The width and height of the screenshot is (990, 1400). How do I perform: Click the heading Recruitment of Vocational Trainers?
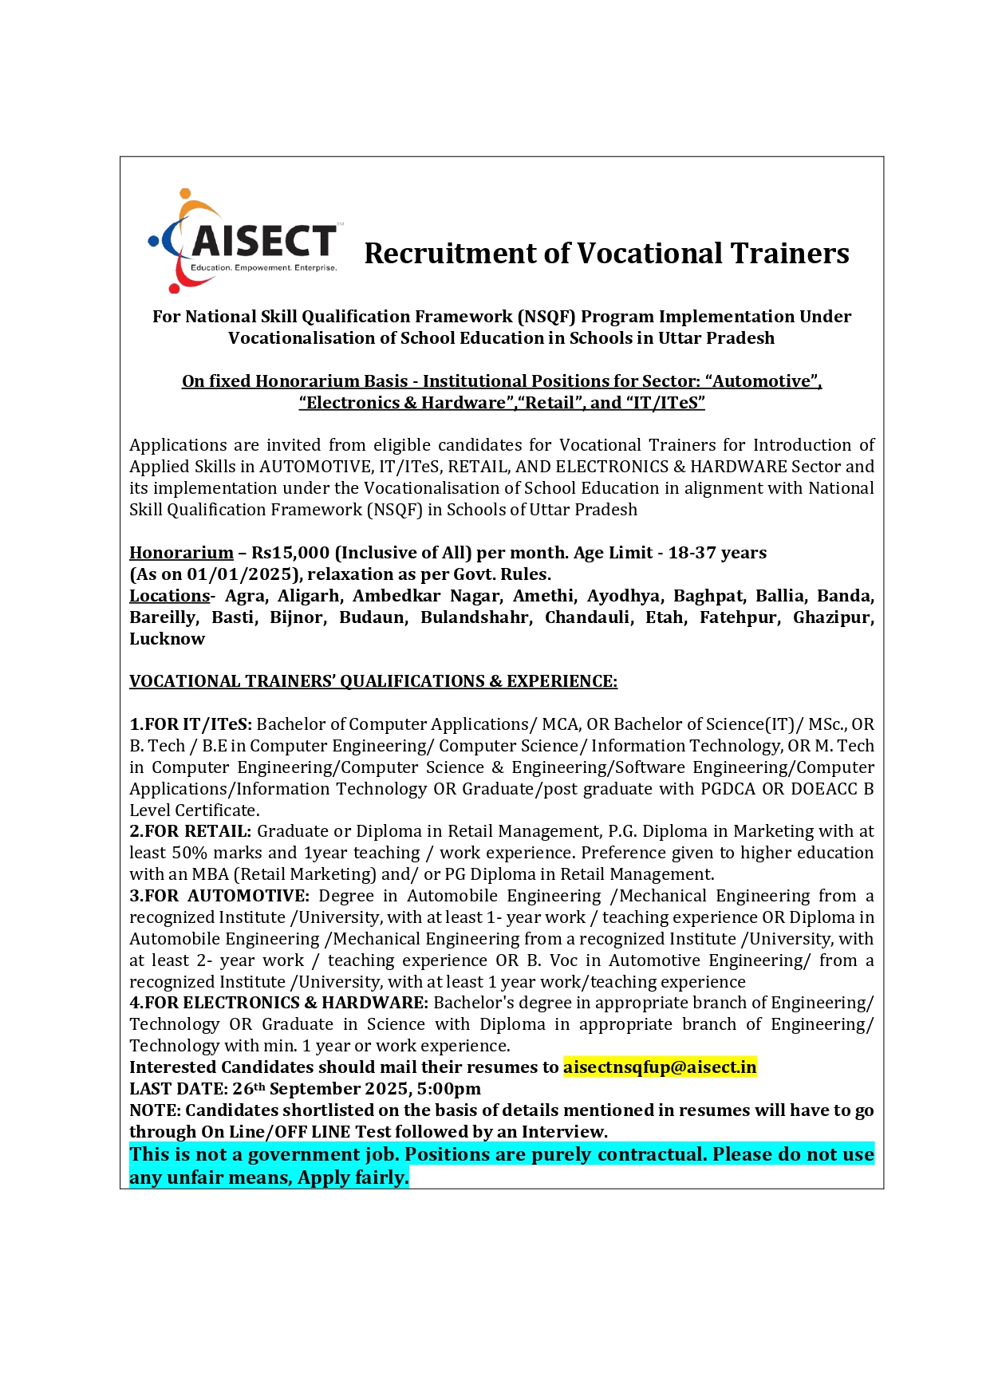click(606, 254)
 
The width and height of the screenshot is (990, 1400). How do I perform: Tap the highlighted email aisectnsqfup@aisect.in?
click(660, 1067)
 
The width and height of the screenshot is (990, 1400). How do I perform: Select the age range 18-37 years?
click(717, 553)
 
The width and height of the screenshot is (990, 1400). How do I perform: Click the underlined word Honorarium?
click(181, 553)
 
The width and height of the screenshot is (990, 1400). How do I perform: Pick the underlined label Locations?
click(169, 596)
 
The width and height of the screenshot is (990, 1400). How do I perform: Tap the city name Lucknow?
click(168, 639)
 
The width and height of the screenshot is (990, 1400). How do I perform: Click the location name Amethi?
click(543, 596)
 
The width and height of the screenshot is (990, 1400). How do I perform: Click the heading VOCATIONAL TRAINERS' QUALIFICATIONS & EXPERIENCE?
click(373, 681)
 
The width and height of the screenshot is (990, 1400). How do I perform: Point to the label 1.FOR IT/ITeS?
click(191, 724)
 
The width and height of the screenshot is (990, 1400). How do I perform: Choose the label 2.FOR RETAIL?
click(191, 831)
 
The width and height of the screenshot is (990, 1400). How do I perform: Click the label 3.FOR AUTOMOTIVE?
click(219, 896)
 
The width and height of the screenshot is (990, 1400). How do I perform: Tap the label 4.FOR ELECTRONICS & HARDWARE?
click(279, 1003)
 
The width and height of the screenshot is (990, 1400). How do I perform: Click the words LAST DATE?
click(177, 1089)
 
